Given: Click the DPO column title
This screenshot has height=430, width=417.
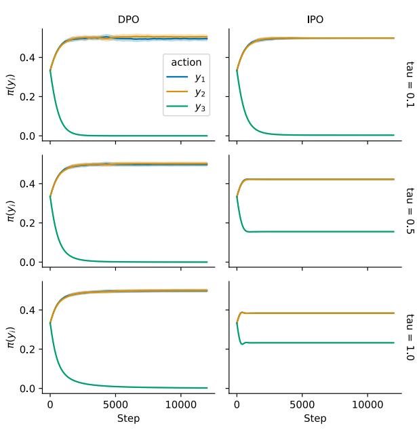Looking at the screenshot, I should point(128,20).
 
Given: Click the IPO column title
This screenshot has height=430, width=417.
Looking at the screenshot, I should point(315,20).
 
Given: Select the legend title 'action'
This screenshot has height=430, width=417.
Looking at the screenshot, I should point(186,62).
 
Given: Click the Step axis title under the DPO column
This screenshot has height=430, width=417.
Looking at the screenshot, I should point(128,418).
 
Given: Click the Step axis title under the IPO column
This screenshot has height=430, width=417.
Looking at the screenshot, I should point(315,418).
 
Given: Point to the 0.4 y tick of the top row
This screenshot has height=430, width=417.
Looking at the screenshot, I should point(26,58).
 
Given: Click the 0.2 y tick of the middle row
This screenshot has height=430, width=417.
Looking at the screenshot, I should point(26,223).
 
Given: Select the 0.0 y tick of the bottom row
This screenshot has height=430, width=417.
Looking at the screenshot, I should point(26,389).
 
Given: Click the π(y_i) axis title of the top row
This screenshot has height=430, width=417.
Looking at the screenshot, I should point(10,83).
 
